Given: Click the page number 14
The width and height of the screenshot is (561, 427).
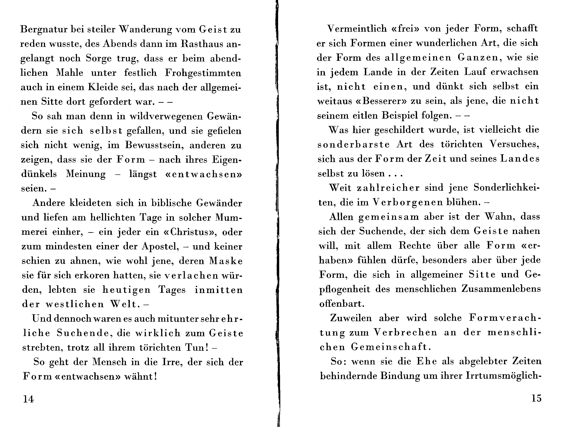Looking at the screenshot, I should [x=28, y=399].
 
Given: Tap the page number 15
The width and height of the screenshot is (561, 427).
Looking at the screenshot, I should [x=536, y=398].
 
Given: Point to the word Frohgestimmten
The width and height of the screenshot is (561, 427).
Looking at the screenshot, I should [x=203, y=73].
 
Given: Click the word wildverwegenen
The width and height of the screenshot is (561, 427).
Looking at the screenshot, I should [x=166, y=116].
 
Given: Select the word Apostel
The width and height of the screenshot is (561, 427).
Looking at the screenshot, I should [x=160, y=246].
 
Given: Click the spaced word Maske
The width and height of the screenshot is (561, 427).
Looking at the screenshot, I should [x=226, y=261].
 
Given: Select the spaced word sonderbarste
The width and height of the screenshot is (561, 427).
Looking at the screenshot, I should [x=353, y=145].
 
